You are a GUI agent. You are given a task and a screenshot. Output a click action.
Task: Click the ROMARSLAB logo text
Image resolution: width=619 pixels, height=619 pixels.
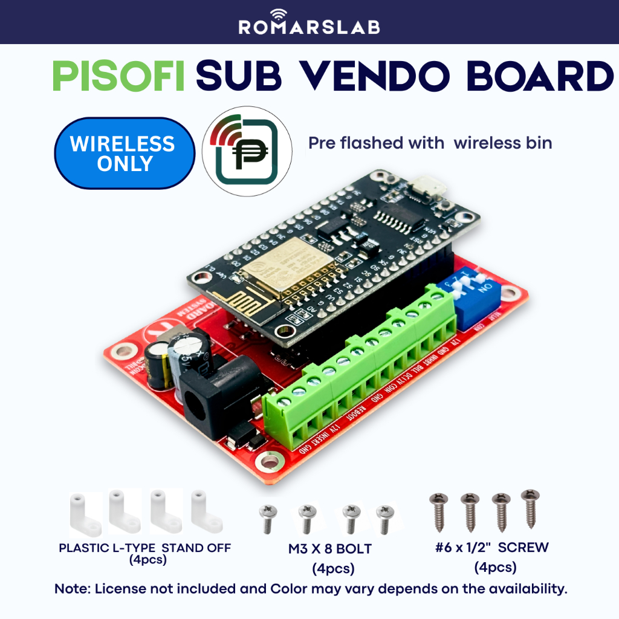tap(309, 27)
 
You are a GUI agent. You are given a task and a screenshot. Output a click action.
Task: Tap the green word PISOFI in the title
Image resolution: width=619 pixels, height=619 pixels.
tap(118, 77)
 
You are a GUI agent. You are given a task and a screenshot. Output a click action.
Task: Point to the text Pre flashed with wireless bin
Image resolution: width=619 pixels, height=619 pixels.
tap(429, 143)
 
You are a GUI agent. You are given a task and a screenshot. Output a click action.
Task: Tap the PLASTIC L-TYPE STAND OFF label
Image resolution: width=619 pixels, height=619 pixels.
tap(144, 548)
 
